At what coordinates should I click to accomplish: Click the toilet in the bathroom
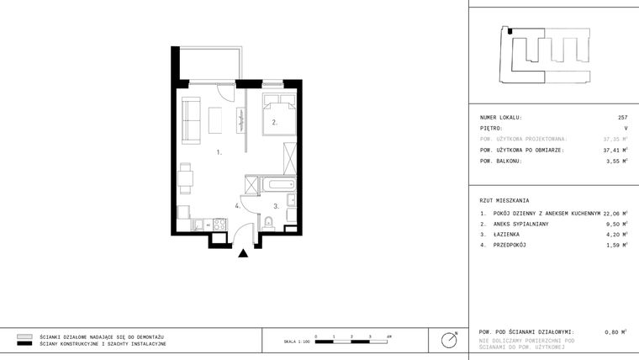click(x=267, y=221)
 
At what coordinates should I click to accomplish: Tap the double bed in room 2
click(x=278, y=116)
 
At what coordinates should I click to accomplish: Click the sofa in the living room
click(x=191, y=118)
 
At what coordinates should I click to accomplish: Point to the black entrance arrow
click(x=244, y=251)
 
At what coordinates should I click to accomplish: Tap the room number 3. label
click(x=275, y=205)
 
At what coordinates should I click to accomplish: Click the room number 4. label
click(x=239, y=205)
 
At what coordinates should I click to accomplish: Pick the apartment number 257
click(x=623, y=118)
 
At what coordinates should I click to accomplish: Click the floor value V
click(x=626, y=128)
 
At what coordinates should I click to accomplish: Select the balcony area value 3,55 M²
click(x=618, y=161)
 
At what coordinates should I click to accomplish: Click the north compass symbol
click(x=450, y=340)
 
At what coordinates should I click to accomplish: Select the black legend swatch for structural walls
click(x=24, y=344)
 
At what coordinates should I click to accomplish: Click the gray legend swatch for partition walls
click(x=24, y=336)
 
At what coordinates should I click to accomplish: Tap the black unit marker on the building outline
click(x=510, y=31)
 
